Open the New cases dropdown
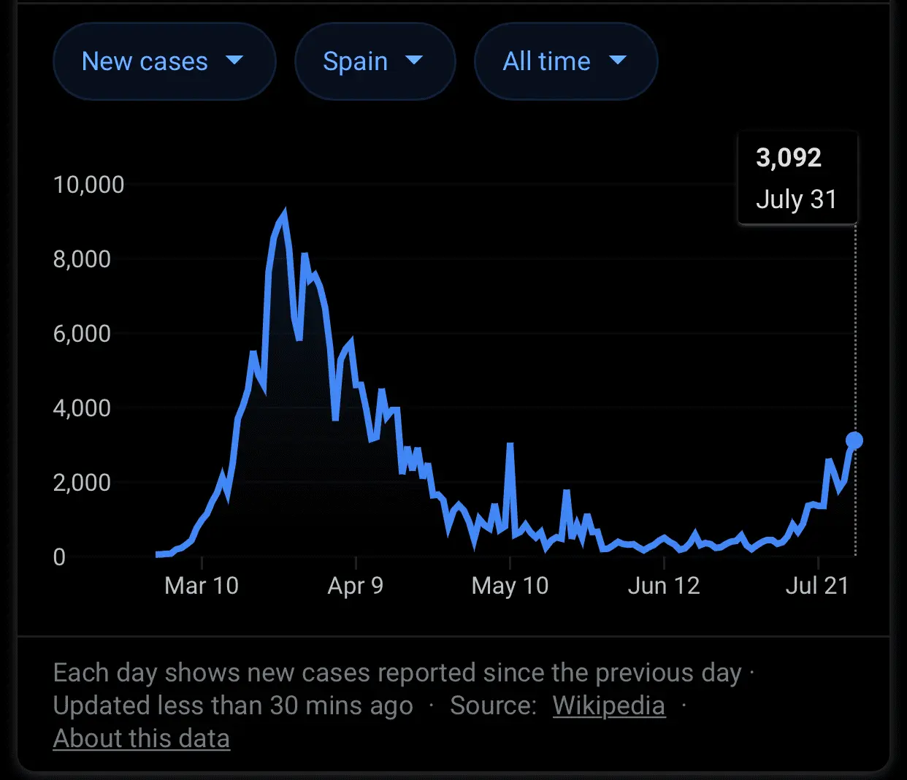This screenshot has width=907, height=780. [164, 61]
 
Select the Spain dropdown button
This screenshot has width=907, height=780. [375, 61]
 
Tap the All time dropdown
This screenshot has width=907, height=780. [565, 61]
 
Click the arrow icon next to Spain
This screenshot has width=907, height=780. [414, 60]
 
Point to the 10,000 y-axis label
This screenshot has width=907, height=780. [88, 184]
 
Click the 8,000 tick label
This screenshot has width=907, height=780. [82, 259]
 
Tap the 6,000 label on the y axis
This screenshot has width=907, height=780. [82, 333]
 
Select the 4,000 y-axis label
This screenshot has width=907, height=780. [82, 408]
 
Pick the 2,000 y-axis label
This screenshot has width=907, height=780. [82, 482]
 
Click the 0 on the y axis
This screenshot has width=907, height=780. [59, 557]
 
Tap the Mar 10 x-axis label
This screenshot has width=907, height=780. [202, 586]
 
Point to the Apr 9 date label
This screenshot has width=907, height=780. [356, 586]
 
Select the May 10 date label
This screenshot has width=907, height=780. [510, 586]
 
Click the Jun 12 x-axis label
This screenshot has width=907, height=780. [664, 586]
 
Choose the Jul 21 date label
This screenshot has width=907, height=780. [817, 586]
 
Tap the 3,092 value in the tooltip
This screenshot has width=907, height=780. [789, 158]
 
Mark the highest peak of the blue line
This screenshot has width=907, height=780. [284, 213]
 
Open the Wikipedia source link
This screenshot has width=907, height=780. [608, 706]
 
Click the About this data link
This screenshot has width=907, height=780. [142, 738]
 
